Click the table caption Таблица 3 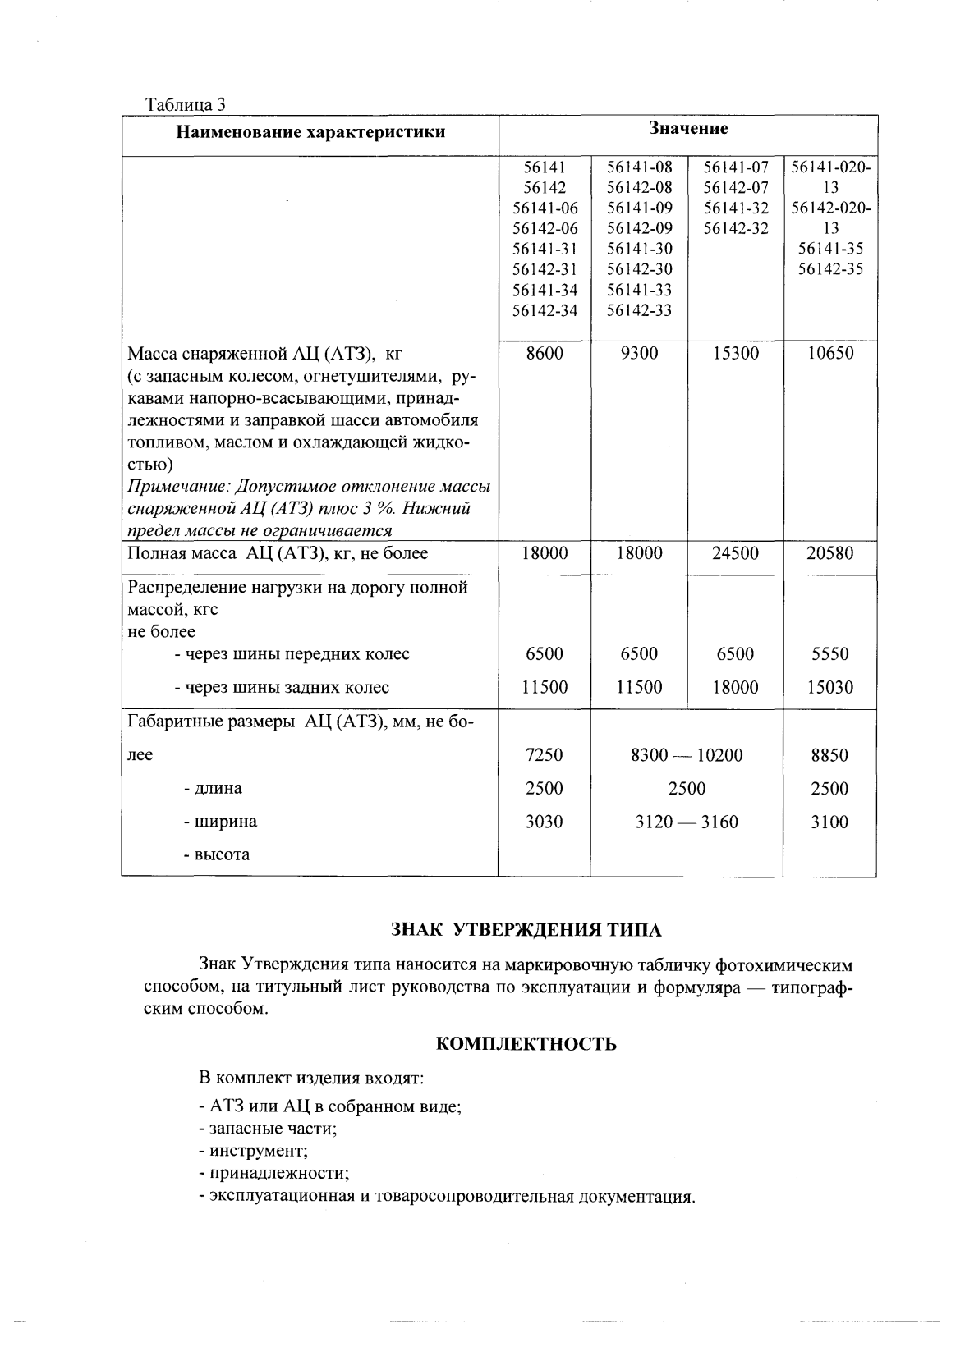pos(185,105)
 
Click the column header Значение pos(688,129)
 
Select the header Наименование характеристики pos(310,132)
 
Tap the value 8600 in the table pos(545,354)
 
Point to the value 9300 pos(639,354)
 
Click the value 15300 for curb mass pos(735,354)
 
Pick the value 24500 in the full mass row pos(735,554)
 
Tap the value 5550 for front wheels pos(829,654)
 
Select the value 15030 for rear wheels pos(829,688)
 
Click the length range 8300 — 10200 pos(687,755)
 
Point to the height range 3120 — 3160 pos(687,822)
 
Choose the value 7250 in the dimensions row pos(545,755)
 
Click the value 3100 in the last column pos(829,822)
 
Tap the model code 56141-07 pos(735,168)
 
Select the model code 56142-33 pos(639,311)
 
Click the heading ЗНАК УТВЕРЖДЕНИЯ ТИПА pos(526,930)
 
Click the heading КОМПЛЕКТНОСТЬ pos(526,1044)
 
